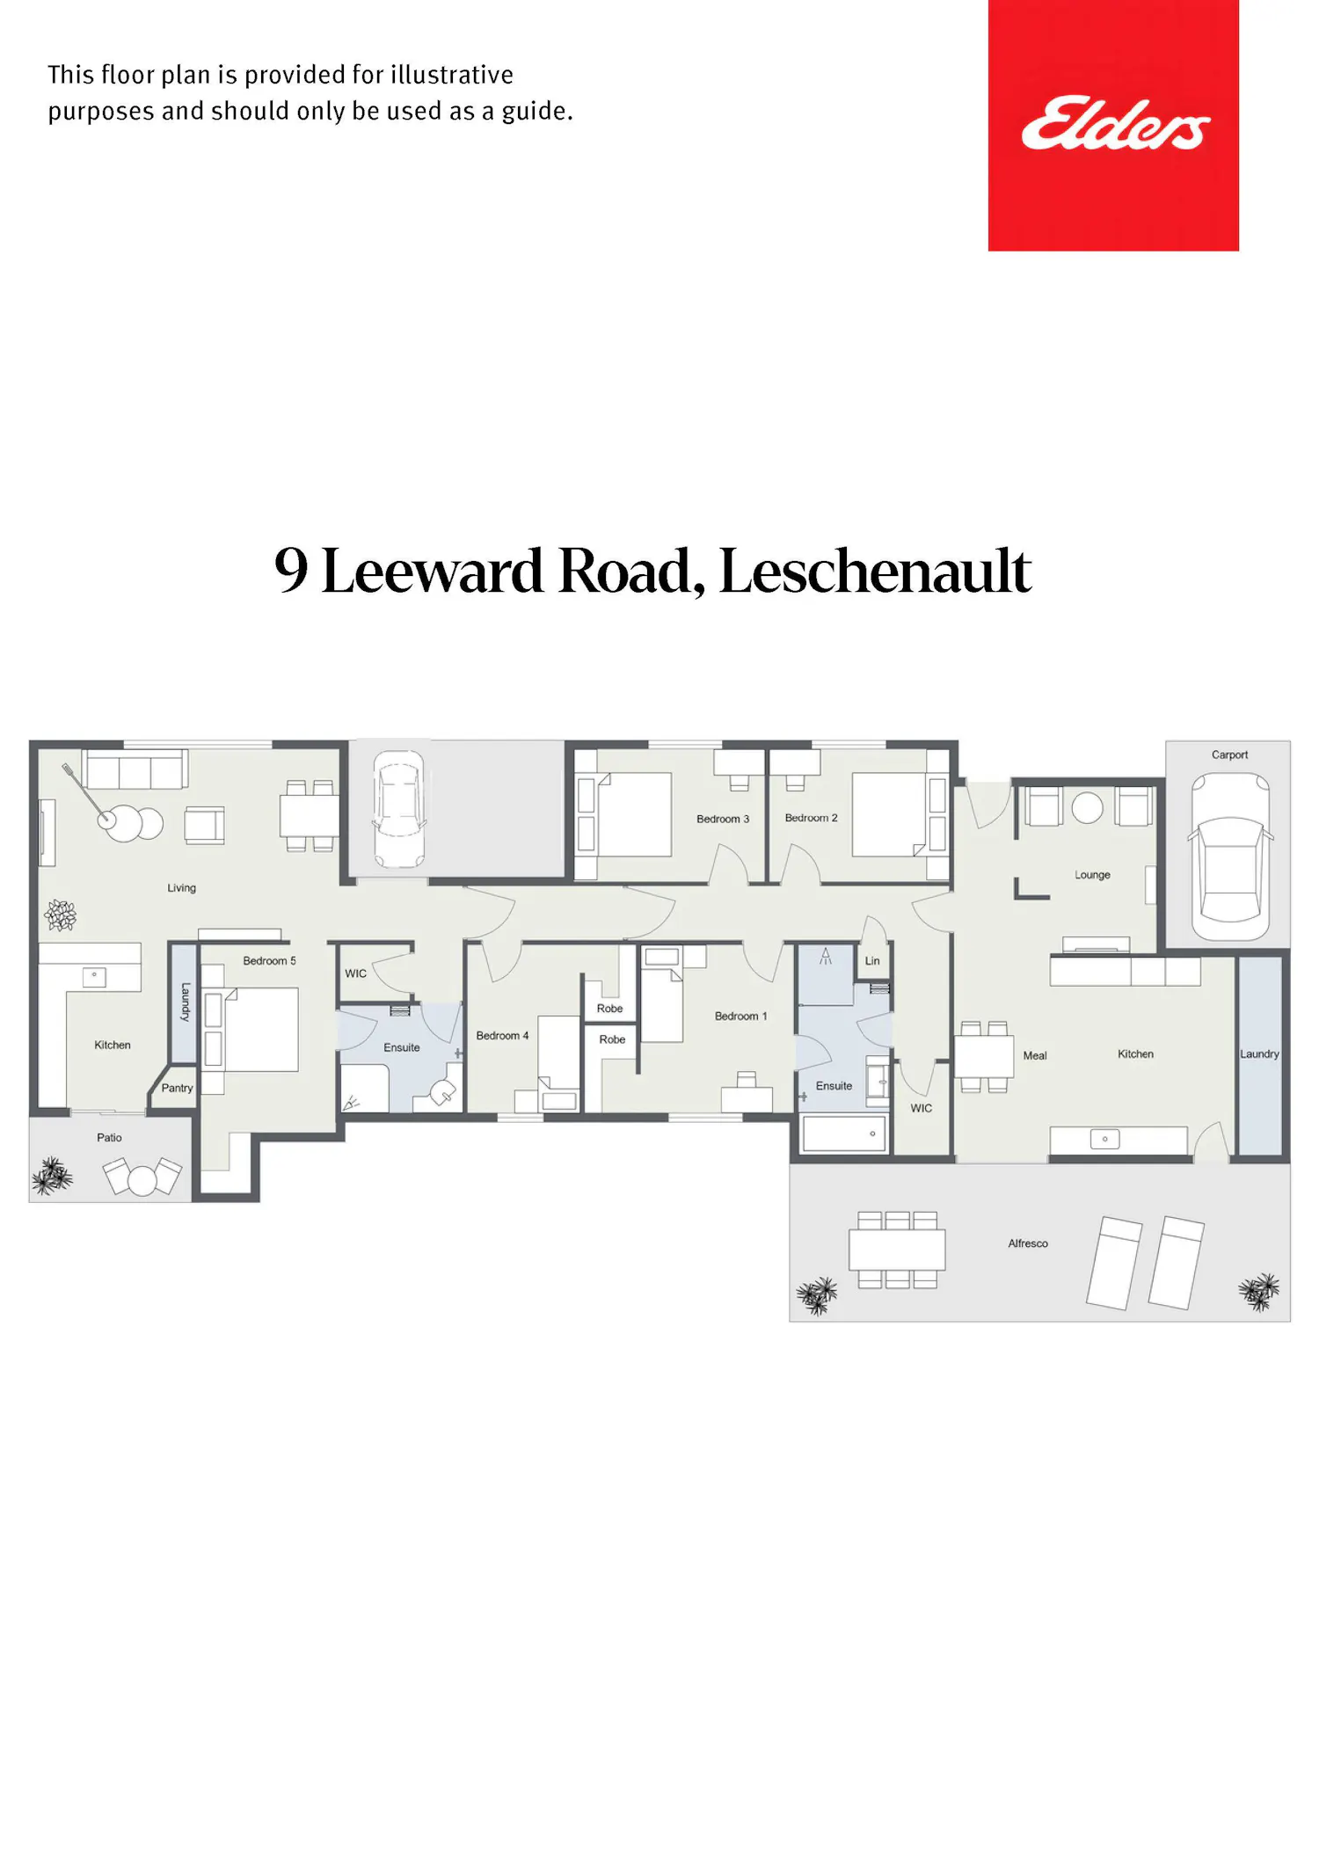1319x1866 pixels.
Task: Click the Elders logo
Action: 1113,125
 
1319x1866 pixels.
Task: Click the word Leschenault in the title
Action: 875,572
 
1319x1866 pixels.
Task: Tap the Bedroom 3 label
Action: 723,819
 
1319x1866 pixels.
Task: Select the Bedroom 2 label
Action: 811,818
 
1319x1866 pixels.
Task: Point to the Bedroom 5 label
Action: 269,961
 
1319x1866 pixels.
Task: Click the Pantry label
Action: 177,1089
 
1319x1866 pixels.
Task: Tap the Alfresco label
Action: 1028,1243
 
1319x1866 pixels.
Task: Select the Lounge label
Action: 1092,875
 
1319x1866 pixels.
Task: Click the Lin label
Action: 872,961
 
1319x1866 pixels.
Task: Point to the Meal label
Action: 1035,1055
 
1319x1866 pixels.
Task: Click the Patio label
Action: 109,1138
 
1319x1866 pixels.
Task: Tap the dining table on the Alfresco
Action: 897,1250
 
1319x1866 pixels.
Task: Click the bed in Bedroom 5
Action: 251,1030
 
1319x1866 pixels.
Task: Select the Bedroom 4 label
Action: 502,1036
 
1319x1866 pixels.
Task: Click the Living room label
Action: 181,888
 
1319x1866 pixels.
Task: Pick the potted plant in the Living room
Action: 61,915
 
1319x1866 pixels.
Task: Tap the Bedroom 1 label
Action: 740,1017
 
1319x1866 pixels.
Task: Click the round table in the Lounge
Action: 1088,807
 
